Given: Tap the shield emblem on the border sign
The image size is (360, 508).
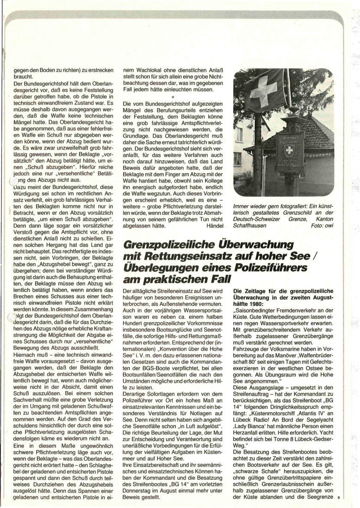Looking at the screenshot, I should click(289, 152).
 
